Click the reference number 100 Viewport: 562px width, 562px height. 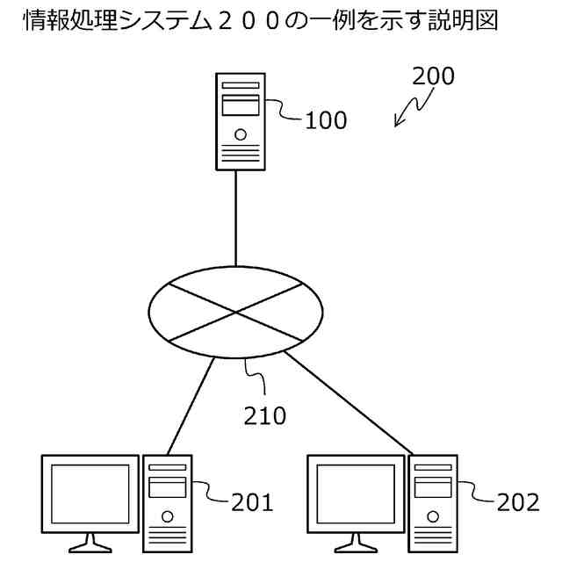(x=326, y=120)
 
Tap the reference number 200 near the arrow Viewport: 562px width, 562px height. (x=433, y=76)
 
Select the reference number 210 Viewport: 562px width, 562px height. (x=265, y=415)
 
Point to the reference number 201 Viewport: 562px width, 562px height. (x=252, y=502)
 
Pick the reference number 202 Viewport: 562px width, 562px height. (x=518, y=502)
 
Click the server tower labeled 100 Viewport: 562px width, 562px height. (x=240, y=121)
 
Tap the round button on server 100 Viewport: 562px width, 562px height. (x=240, y=139)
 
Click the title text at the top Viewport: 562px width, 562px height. (x=259, y=21)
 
